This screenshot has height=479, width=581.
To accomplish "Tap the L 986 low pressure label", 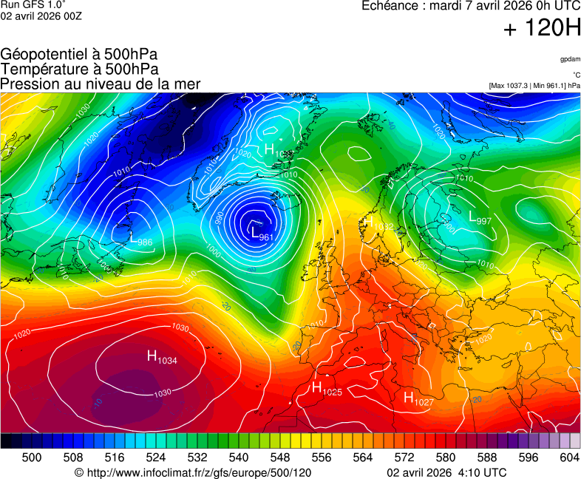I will click(x=140, y=241).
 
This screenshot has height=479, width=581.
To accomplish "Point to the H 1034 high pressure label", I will click(x=162, y=358).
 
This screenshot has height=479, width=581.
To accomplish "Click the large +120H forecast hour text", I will click(x=542, y=29).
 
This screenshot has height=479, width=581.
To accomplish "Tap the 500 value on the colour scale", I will click(x=32, y=458).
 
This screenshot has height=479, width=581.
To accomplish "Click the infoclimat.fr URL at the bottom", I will click(x=193, y=472).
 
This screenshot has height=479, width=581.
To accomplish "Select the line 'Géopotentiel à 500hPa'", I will click(x=79, y=55).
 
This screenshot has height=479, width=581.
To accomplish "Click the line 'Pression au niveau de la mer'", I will click(x=101, y=84).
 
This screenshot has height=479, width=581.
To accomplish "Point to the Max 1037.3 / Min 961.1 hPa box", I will click(x=534, y=86).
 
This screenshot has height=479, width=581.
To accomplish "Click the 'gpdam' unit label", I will click(x=570, y=58).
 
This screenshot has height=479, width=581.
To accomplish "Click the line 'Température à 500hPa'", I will click(x=79, y=69).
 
